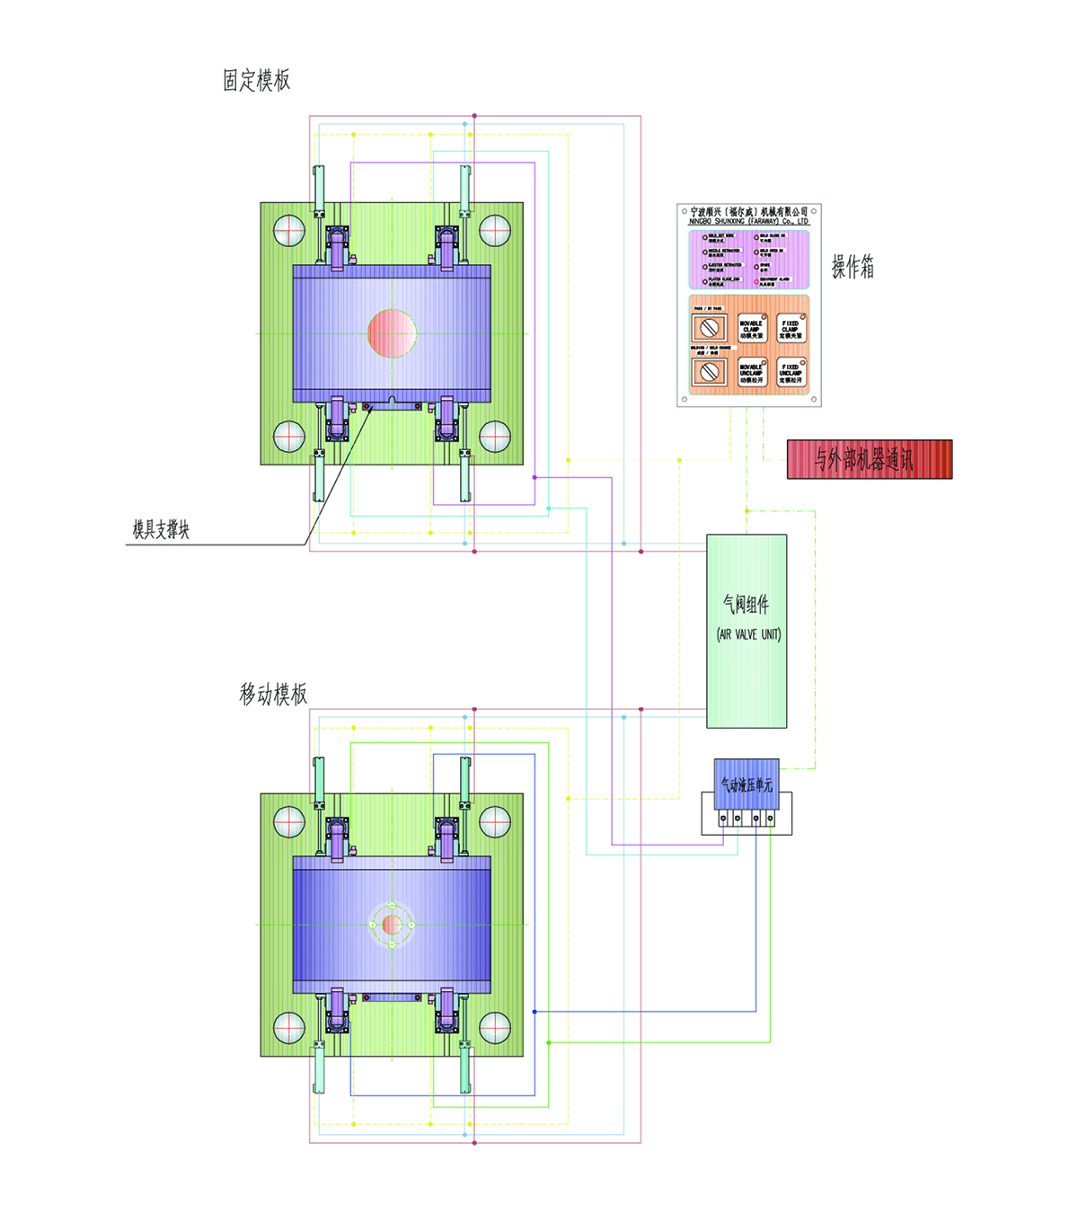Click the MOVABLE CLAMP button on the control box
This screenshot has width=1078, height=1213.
(751, 329)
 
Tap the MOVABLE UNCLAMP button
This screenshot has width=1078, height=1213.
(751, 373)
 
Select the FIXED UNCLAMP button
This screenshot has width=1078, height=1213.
(791, 373)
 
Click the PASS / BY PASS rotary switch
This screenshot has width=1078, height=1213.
(709, 329)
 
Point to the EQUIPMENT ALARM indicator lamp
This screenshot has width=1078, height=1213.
(756, 281)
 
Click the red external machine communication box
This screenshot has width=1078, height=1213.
(869, 459)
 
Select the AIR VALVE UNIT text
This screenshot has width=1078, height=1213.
(748, 634)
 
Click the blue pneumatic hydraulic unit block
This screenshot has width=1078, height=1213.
(747, 784)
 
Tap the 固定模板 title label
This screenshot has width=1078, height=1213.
(257, 81)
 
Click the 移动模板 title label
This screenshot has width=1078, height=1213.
(273, 695)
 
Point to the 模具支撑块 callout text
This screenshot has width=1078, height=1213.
(162, 530)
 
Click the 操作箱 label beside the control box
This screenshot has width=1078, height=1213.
(853, 267)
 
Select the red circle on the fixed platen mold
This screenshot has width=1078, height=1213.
(392, 333)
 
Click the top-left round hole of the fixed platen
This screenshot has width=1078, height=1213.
(289, 230)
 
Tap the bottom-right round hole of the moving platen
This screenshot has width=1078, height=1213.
(495, 1028)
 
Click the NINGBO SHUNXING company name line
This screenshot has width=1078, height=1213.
(748, 221)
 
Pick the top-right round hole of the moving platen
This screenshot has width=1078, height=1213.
(495, 821)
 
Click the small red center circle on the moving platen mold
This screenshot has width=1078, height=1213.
(392, 925)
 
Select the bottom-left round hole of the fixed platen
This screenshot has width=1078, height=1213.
(289, 437)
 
